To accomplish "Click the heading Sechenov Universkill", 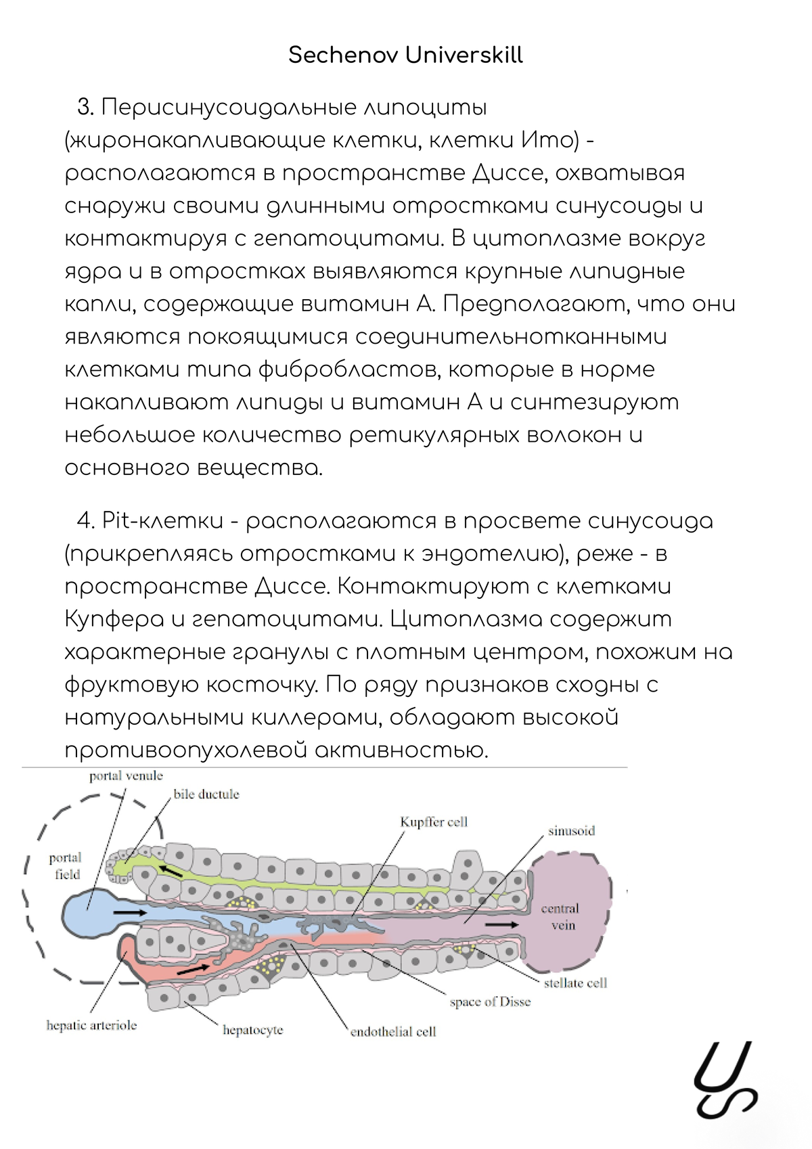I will point(405,55).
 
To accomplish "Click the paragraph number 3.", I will point(85,108).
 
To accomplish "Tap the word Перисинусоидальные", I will point(227,108).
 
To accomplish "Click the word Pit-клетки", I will point(162,521).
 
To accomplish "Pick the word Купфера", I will point(114,619).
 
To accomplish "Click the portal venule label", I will point(126,776).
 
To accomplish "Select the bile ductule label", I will point(206,794).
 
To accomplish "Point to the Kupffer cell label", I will point(434,822).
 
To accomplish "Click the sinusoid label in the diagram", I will point(571,831).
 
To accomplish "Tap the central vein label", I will point(560,917).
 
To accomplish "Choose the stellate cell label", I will point(575,983).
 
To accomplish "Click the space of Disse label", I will point(490,1002).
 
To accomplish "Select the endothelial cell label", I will point(393,1032).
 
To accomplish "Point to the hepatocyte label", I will point(252,1031).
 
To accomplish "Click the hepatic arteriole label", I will point(91,1026).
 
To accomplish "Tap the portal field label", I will point(66,866).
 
